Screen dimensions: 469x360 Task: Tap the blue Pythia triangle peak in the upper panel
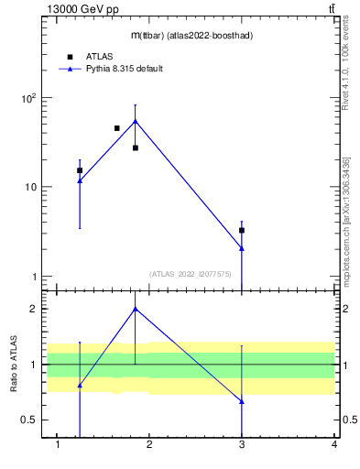(136, 121)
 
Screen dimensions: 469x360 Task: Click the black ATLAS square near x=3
(242, 230)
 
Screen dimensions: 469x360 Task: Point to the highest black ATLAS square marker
(117, 128)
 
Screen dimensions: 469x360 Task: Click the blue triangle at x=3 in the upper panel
(242, 248)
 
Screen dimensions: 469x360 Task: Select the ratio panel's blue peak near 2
(136, 309)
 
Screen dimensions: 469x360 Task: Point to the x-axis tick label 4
(334, 446)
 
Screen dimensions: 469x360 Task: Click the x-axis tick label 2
(150, 446)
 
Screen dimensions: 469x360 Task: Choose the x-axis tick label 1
(58, 446)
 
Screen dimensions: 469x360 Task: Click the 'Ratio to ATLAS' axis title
(13, 364)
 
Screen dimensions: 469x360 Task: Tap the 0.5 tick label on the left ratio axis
(28, 420)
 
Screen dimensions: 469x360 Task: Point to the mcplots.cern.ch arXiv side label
(346, 220)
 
